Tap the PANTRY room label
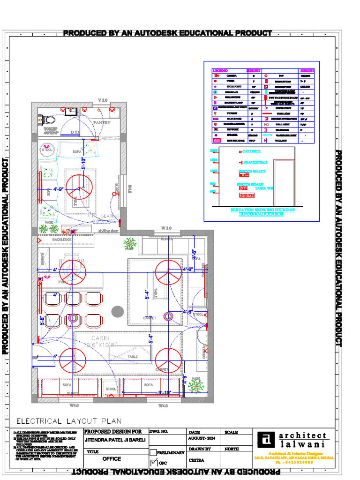click(x=101, y=122)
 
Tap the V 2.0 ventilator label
click(x=103, y=100)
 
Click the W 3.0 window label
click(x=167, y=228)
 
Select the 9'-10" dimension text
click(x=165, y=392)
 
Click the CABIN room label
click(x=100, y=338)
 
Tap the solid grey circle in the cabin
click(x=117, y=311)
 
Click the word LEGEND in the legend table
click(x=220, y=70)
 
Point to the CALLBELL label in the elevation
click(x=252, y=151)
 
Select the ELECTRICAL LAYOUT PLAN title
click(x=69, y=421)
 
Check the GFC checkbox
click(x=153, y=462)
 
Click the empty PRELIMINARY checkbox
click(x=153, y=452)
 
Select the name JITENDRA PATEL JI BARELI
click(x=115, y=441)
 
